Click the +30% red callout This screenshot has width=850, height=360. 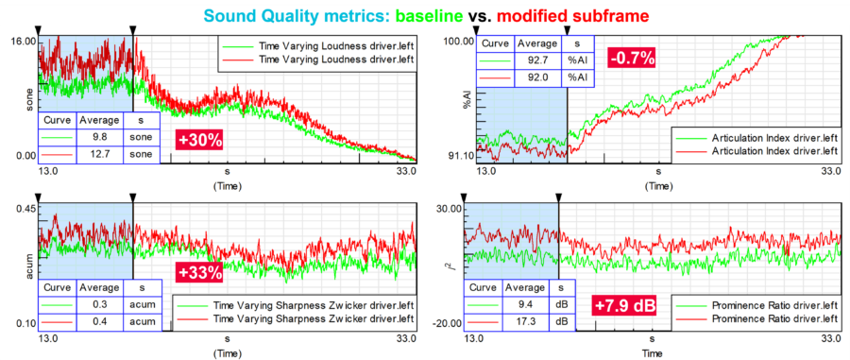coord(199,141)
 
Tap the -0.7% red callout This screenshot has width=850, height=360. coord(631,58)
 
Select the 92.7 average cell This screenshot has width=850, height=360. coord(538,60)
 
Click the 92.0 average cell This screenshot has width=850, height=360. coord(538,76)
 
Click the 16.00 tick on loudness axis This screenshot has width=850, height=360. coord(22,42)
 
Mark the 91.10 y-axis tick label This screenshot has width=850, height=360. coord(457,155)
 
